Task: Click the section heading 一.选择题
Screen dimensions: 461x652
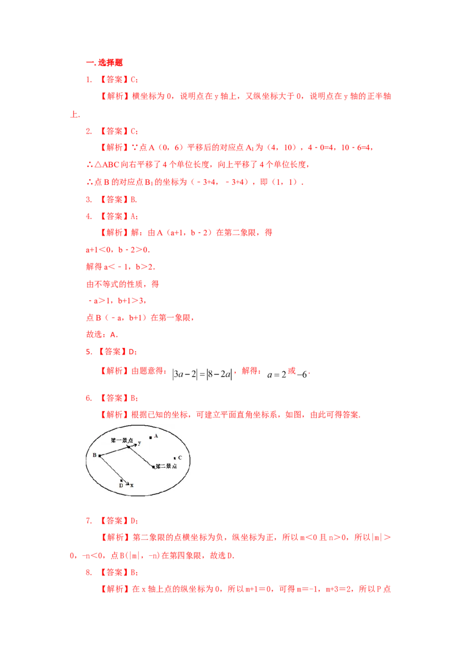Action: coord(104,63)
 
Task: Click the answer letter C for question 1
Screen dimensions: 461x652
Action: coord(133,80)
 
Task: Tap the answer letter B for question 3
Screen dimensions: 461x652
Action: coord(133,200)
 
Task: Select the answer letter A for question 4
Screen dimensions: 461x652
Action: coord(133,216)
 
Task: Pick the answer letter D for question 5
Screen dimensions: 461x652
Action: coord(131,352)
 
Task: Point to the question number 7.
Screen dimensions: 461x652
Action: coord(89,521)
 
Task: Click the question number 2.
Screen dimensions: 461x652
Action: coord(89,131)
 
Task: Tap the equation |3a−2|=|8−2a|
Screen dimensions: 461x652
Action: coord(202,374)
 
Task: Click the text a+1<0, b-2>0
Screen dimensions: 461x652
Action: coord(118,250)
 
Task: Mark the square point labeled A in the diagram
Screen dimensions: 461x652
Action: coord(150,437)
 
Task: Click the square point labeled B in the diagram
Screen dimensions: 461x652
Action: coord(100,456)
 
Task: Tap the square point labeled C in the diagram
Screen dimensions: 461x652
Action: coord(175,458)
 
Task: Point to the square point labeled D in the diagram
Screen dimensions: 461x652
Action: coord(121,481)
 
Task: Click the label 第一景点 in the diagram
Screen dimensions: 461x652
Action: coord(122,441)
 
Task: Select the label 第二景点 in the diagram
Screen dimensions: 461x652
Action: coord(166,466)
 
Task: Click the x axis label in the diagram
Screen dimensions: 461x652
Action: coord(132,486)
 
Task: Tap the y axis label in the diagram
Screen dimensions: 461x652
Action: coord(139,443)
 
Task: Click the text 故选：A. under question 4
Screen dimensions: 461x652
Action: coord(102,334)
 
